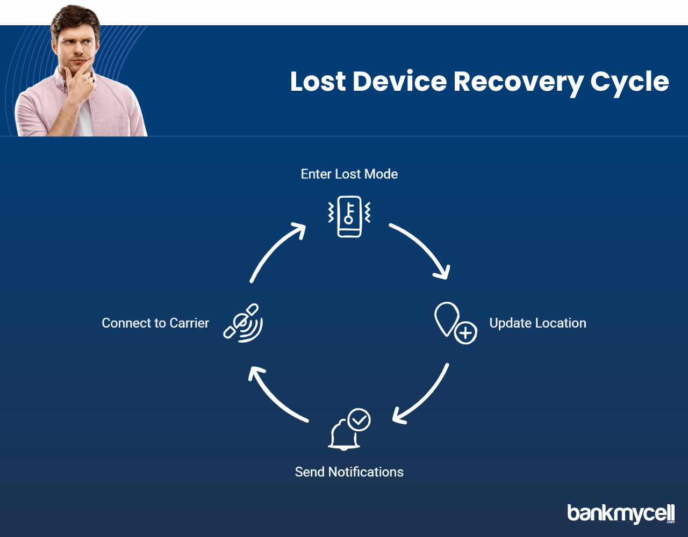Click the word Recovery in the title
(519, 82)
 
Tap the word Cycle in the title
(629, 82)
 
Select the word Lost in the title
(318, 81)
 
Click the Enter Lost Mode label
(349, 174)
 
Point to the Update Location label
(537, 323)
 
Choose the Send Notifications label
(349, 472)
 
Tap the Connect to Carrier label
(155, 323)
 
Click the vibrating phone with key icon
(349, 216)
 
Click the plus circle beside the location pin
(465, 333)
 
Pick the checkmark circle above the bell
(359, 420)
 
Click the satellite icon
(243, 323)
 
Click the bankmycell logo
(621, 513)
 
